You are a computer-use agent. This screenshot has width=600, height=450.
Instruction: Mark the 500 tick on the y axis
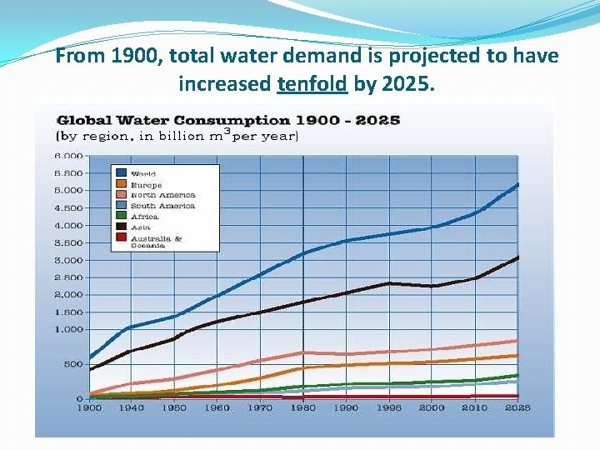click(x=73, y=364)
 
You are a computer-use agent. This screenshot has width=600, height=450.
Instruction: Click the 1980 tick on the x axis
click(x=303, y=408)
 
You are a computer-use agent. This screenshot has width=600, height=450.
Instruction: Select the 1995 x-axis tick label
click(x=389, y=408)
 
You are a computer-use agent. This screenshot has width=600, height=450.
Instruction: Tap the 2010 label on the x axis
click(x=475, y=408)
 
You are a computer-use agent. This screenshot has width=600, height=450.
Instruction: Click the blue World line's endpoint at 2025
click(x=518, y=184)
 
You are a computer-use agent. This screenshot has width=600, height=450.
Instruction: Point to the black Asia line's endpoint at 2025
click(x=518, y=257)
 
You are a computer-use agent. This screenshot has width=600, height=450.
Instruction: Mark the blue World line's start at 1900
click(x=89, y=358)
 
